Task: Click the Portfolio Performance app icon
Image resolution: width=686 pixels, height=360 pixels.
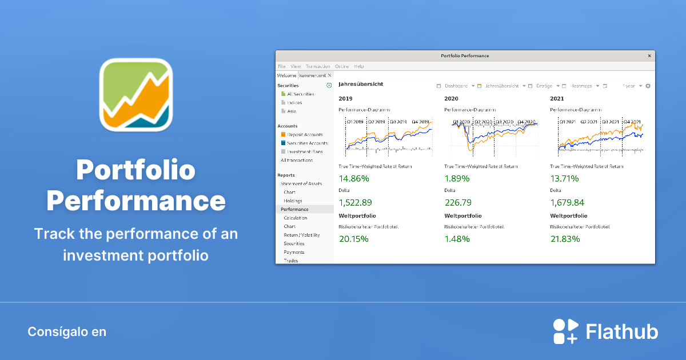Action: [x=136, y=94]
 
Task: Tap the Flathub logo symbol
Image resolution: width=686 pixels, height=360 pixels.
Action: [x=565, y=331]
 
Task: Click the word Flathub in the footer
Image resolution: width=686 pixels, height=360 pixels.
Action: [x=622, y=331]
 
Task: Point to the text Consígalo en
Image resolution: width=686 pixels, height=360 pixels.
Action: [x=67, y=331]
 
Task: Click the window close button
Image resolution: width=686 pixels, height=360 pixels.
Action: [x=649, y=56]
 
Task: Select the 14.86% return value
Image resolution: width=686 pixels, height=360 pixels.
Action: [x=354, y=178]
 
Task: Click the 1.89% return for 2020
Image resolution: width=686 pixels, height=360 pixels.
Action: [x=457, y=178]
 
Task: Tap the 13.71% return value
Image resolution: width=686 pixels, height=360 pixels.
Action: [x=564, y=178]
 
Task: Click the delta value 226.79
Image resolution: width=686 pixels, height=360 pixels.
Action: [x=458, y=202]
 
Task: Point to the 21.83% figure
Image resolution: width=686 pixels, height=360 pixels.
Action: [x=565, y=238]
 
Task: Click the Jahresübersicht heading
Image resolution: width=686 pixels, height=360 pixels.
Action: [x=361, y=84]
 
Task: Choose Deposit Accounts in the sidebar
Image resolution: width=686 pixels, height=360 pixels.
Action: [x=305, y=135]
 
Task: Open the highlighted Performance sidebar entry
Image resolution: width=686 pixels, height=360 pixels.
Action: [x=294, y=210]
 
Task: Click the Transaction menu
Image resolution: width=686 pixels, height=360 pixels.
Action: [x=318, y=67]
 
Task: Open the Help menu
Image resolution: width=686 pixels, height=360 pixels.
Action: [x=359, y=67]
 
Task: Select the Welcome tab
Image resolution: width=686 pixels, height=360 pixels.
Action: [x=286, y=75]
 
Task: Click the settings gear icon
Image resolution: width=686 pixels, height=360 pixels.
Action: [x=648, y=86]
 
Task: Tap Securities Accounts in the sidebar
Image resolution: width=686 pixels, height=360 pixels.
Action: [x=307, y=143]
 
